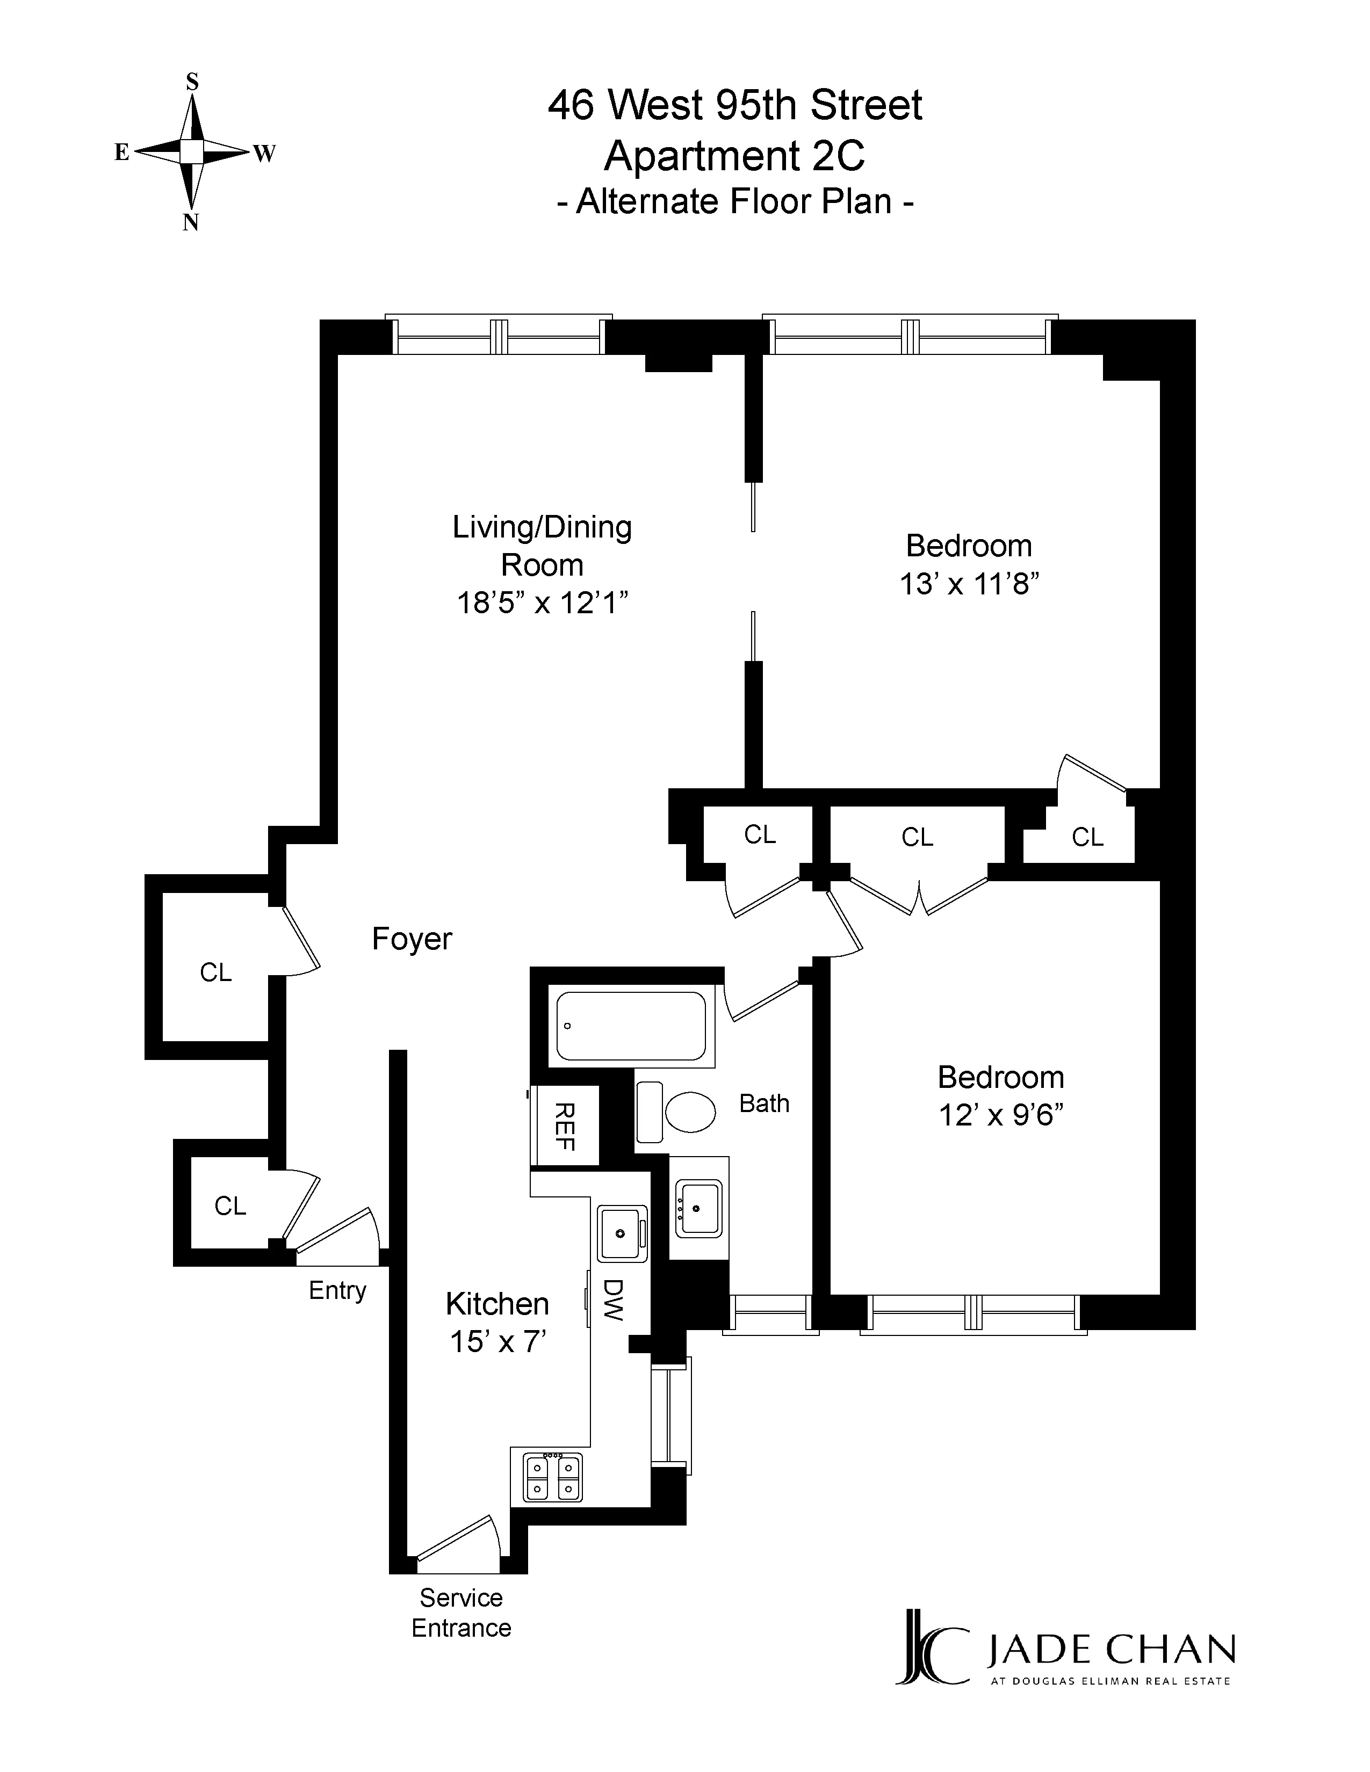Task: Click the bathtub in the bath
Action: click(631, 1026)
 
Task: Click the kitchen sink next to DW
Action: click(622, 1234)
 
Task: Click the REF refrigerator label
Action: click(564, 1126)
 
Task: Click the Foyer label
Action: click(412, 939)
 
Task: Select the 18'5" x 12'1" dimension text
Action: click(542, 603)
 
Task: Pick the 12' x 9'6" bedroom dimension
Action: click(1001, 1115)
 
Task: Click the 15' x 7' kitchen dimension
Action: click(497, 1341)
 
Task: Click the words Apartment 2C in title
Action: click(734, 156)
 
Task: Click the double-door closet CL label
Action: click(917, 837)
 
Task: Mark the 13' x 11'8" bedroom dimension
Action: click(969, 583)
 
